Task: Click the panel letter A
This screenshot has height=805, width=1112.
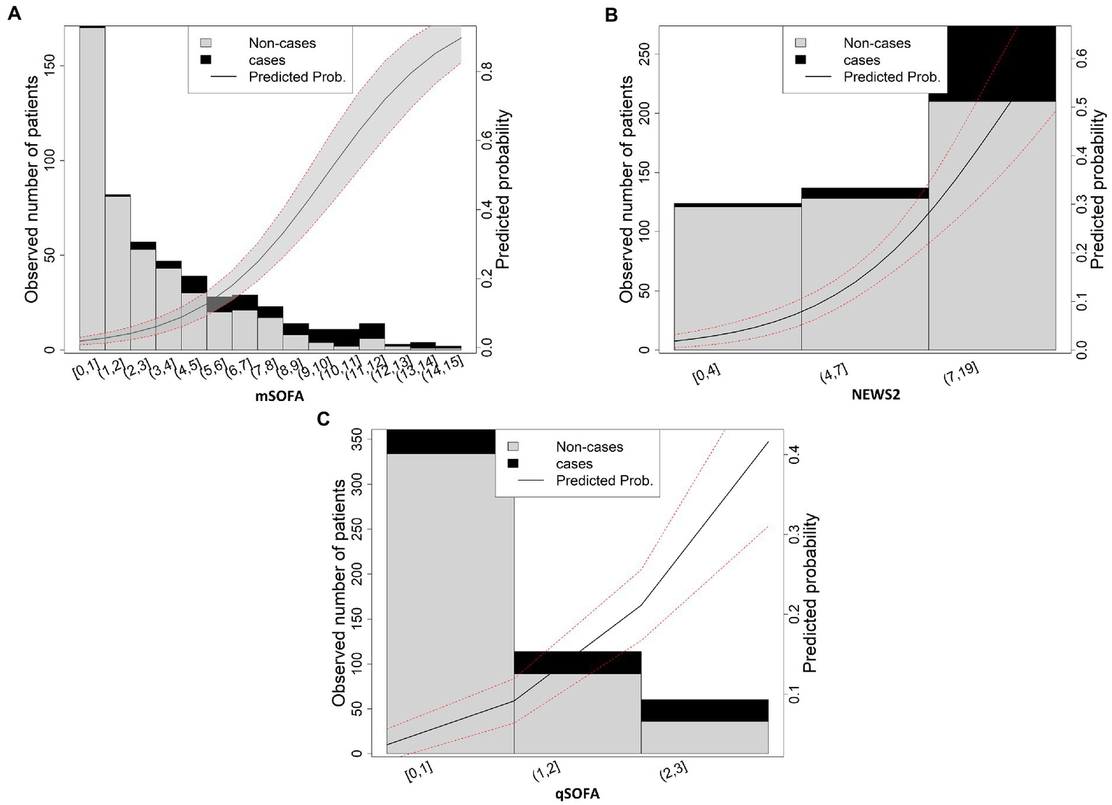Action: coord(13,13)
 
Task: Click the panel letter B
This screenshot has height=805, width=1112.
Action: coord(611,14)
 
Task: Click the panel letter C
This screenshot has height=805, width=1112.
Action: coord(324,418)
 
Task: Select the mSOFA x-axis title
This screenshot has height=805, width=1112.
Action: coord(279,396)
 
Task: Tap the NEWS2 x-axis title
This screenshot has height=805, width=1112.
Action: coord(875,395)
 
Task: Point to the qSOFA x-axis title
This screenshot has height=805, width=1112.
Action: coord(577,793)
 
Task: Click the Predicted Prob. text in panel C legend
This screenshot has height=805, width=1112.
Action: coord(604,481)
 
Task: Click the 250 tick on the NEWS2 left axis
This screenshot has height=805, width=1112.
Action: coord(643,54)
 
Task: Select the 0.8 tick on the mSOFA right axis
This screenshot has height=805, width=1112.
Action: coord(487,71)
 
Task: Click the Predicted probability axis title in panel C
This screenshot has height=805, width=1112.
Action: coord(810,593)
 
